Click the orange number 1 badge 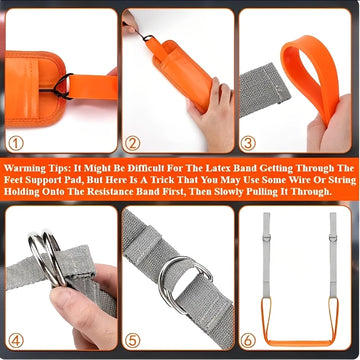click(x=16, y=143)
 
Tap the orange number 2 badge click(x=133, y=143)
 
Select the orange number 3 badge click(x=249, y=143)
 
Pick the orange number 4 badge click(x=16, y=341)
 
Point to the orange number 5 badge click(x=133, y=341)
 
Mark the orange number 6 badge click(x=249, y=341)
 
